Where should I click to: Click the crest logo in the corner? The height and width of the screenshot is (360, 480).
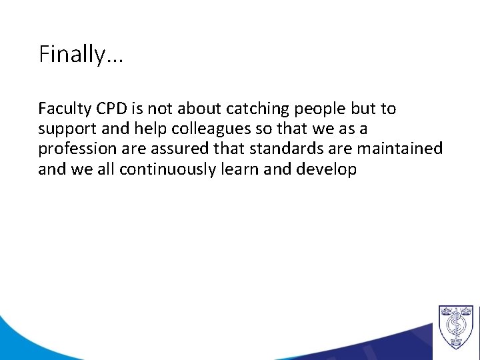click(x=455, y=327)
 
